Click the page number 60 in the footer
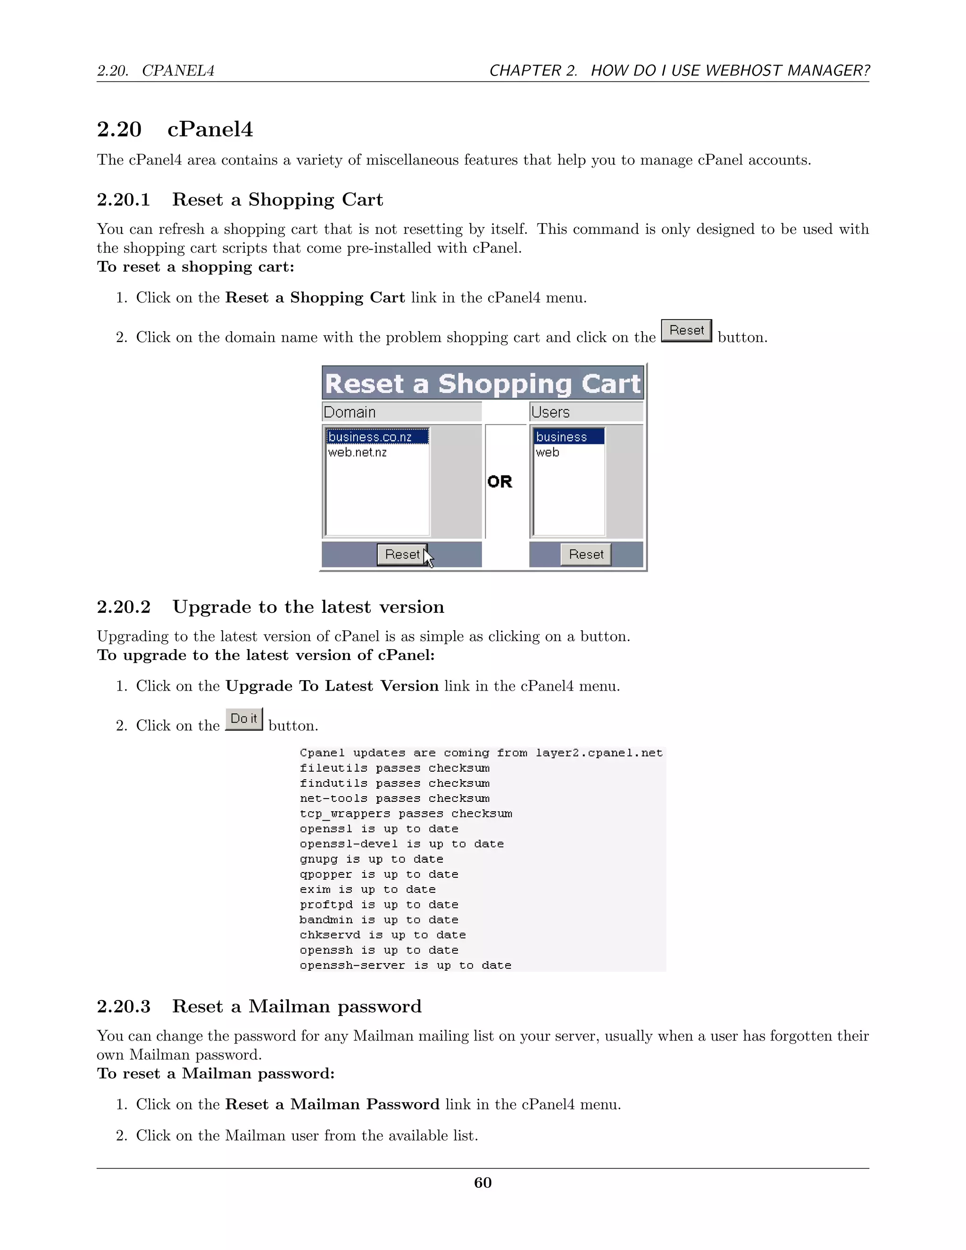[x=483, y=1183]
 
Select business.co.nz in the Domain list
[x=370, y=437]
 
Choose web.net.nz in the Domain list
[x=358, y=452]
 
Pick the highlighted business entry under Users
[x=561, y=437]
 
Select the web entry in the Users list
[x=548, y=452]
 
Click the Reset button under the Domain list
[x=402, y=554]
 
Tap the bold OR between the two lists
[x=500, y=481]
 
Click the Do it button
[x=244, y=719]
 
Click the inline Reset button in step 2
[x=686, y=330]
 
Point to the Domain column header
[x=350, y=412]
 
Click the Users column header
[x=550, y=412]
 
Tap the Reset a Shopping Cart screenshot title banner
[x=483, y=383]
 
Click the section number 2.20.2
[x=124, y=607]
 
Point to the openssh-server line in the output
[x=405, y=965]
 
